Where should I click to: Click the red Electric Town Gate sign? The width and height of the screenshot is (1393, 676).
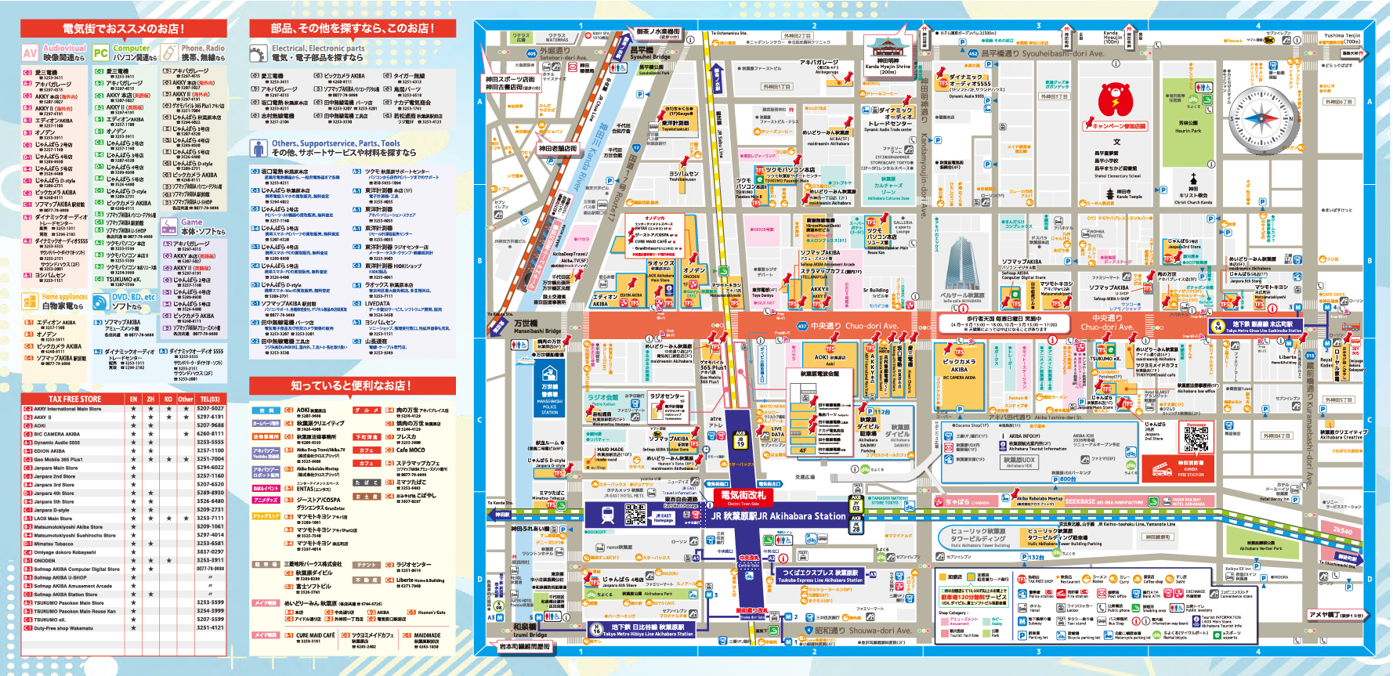tap(743, 497)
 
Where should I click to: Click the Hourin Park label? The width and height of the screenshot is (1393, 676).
tap(1188, 126)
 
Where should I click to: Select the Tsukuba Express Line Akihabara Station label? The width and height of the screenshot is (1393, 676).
tap(820, 577)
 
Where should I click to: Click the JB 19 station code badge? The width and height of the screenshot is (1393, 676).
tap(740, 439)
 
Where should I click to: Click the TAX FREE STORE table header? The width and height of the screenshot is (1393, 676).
tap(75, 399)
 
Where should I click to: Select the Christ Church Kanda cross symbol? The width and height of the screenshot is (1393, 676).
tap(1193, 179)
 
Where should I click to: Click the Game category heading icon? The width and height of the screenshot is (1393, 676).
tap(169, 226)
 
